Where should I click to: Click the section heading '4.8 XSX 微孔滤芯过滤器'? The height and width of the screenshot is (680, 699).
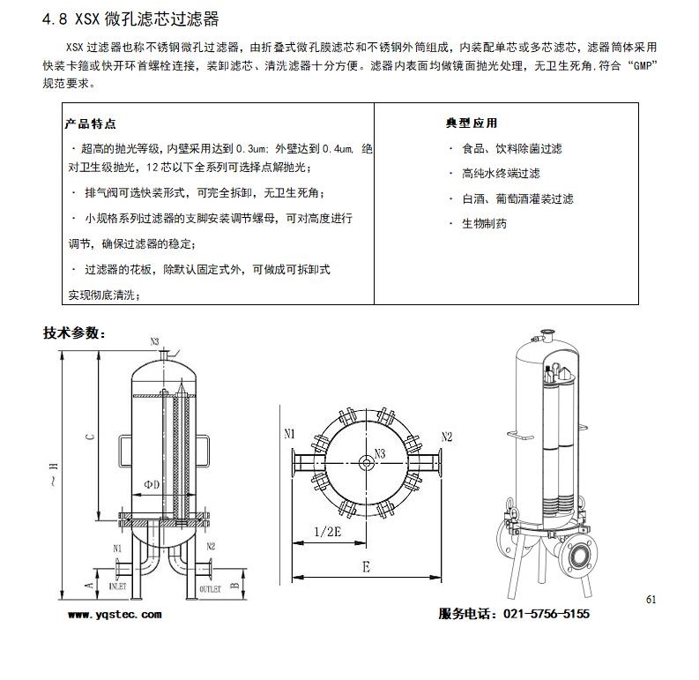tap(131, 19)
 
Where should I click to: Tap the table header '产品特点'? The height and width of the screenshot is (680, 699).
tap(92, 123)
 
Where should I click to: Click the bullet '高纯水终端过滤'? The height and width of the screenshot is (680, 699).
tap(500, 174)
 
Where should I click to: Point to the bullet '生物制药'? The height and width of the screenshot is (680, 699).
tap(484, 224)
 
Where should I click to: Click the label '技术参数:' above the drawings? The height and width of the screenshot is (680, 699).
tap(75, 333)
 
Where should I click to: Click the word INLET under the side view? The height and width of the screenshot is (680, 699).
tap(117, 586)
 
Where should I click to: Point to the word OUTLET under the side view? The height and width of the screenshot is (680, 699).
tap(210, 586)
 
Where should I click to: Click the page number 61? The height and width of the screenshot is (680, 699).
tap(651, 600)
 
